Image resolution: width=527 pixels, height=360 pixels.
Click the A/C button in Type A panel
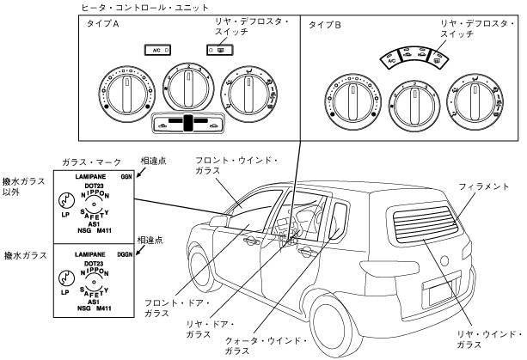[157, 51]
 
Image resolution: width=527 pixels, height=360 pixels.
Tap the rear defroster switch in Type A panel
[220, 51]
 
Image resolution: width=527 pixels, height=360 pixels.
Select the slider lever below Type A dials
[189, 123]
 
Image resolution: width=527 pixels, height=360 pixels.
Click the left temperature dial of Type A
[127, 95]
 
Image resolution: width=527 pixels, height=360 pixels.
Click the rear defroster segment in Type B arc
[438, 59]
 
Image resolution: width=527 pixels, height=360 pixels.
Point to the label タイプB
[325, 25]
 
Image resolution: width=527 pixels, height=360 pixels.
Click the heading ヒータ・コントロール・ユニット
[144, 8]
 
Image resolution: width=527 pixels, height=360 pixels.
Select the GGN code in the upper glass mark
[126, 177]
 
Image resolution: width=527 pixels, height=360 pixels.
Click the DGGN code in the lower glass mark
[125, 254]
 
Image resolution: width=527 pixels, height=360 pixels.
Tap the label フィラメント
[484, 186]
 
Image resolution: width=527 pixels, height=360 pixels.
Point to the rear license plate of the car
[441, 292]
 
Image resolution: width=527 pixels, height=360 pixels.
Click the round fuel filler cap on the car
[444, 261]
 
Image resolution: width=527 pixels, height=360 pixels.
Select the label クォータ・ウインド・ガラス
[267, 346]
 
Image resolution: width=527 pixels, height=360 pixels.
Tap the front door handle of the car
[250, 241]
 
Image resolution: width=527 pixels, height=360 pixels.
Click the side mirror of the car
[219, 222]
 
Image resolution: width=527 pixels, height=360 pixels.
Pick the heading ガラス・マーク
[91, 162]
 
